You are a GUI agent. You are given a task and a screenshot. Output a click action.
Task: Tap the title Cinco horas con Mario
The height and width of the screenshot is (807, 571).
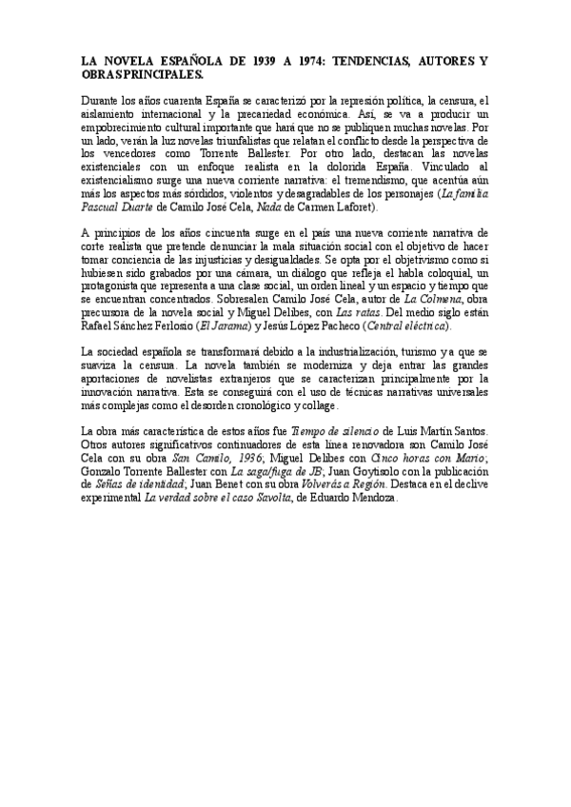tap(434, 470)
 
